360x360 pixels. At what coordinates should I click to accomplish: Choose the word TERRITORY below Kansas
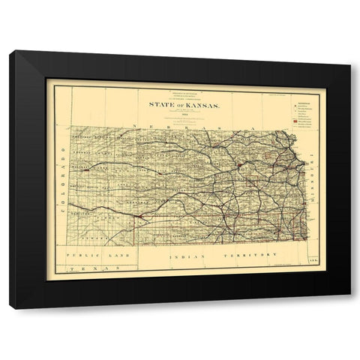(x=245, y=256)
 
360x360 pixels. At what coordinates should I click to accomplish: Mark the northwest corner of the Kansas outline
(x=73, y=133)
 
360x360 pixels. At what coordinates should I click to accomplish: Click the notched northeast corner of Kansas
(x=285, y=135)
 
